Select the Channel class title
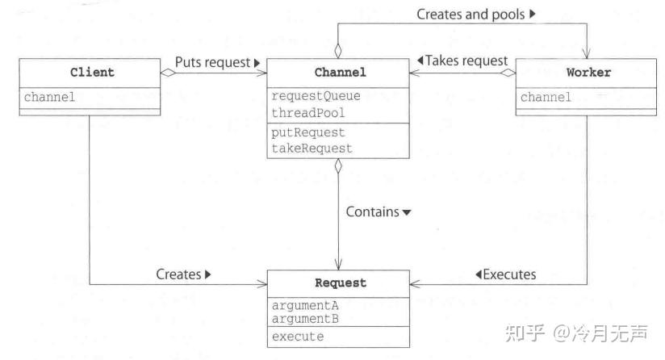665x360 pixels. [337, 73]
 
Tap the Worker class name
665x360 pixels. [588, 73]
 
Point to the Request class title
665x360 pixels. [337, 283]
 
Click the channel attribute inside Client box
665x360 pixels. [51, 97]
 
